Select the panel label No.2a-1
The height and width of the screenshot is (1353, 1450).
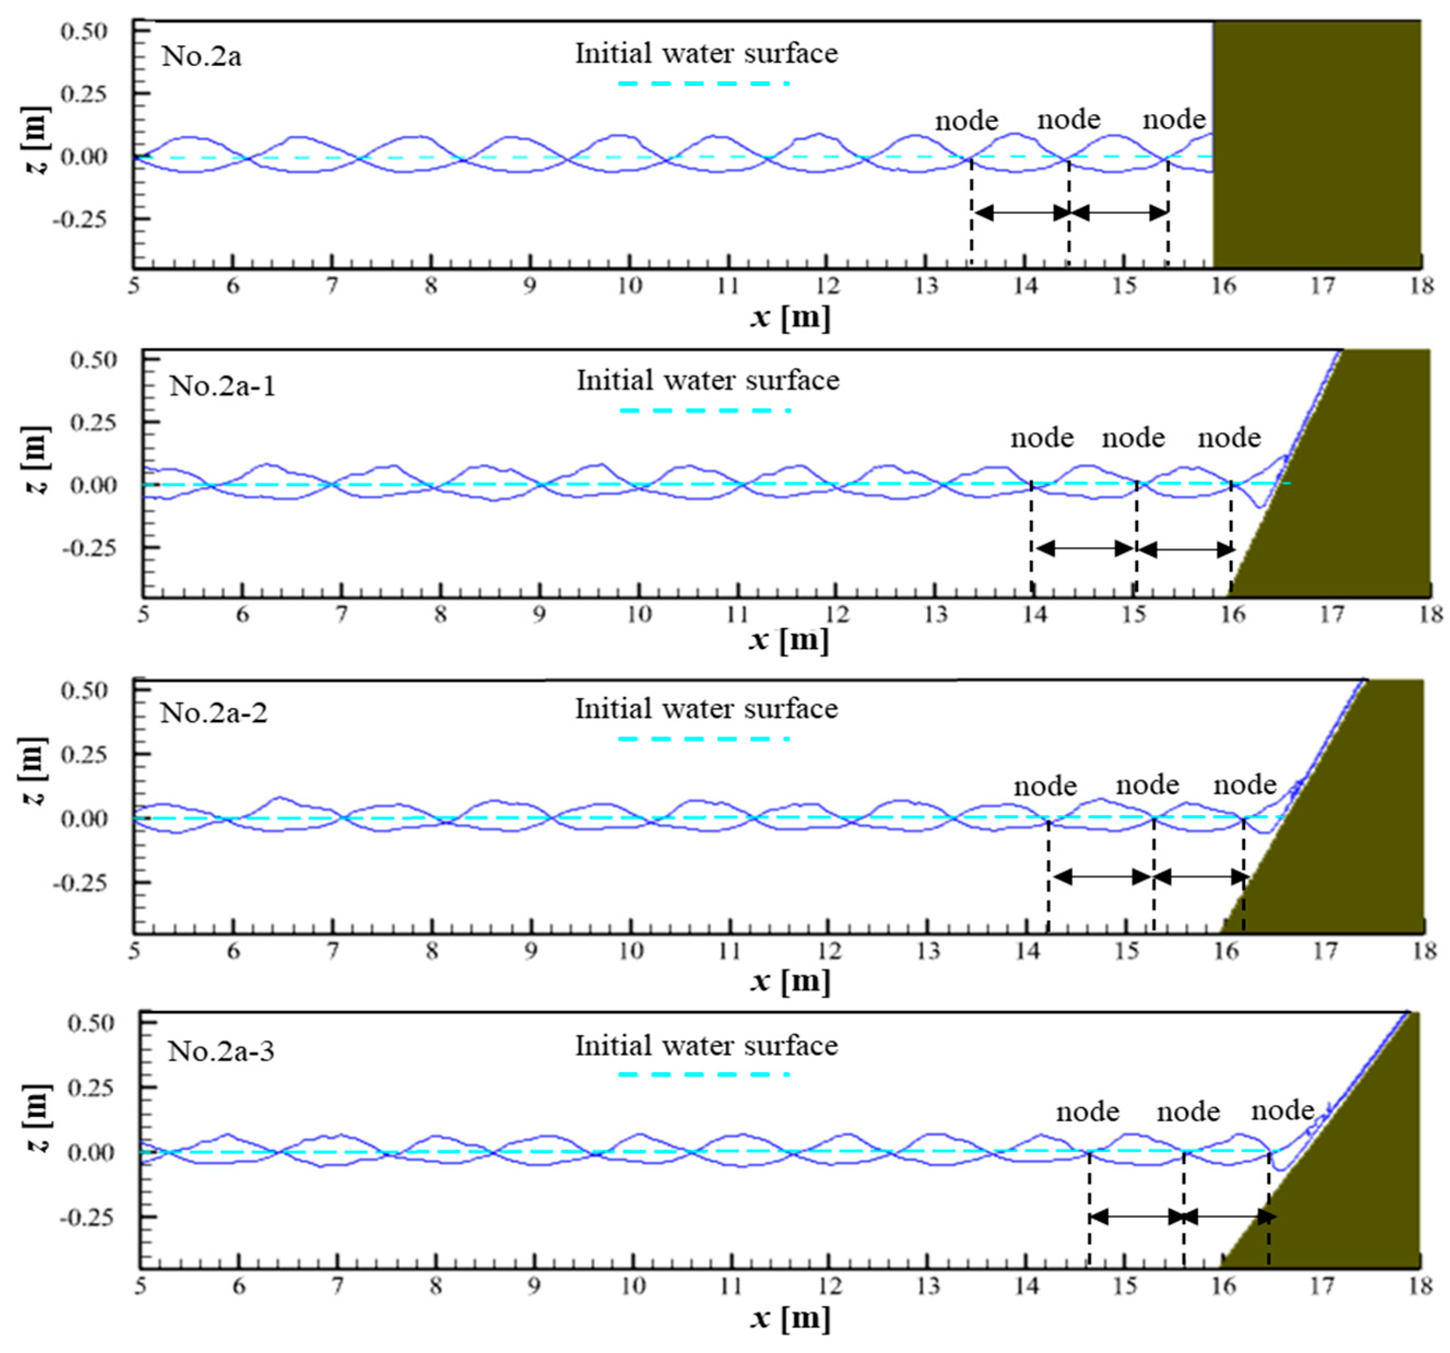tap(222, 385)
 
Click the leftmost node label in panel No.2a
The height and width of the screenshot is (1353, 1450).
tap(967, 120)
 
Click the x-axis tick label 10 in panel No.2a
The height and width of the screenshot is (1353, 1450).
tap(629, 285)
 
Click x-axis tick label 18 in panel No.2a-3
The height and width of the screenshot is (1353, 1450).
tap(1420, 1285)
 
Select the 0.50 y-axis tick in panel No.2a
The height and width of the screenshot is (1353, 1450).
tap(84, 31)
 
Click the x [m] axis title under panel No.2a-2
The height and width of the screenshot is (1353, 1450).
tap(790, 981)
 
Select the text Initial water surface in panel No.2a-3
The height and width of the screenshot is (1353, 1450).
tap(706, 1046)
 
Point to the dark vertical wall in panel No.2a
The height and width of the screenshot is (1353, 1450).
tap(1317, 144)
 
